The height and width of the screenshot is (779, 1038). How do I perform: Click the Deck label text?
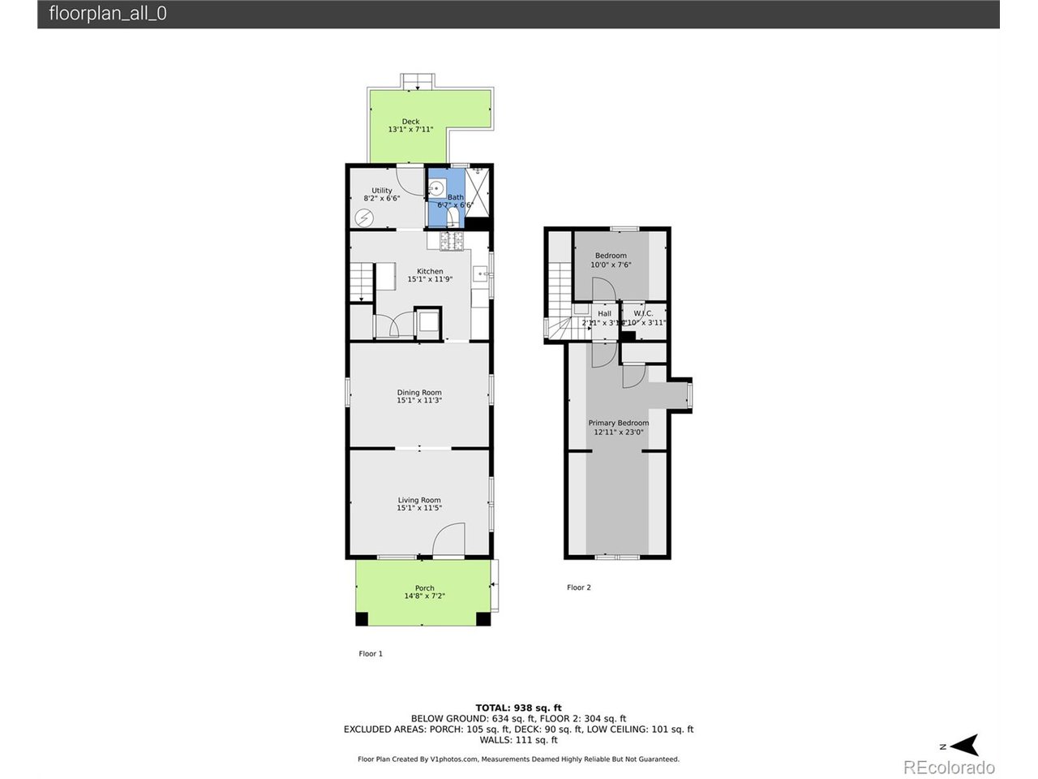coord(410,122)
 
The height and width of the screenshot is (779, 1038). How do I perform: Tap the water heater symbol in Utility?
coord(364,217)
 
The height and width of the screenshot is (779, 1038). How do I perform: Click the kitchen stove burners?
coord(450,241)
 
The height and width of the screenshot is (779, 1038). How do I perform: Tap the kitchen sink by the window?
coord(479,273)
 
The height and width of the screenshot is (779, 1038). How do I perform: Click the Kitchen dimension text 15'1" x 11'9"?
coord(430,279)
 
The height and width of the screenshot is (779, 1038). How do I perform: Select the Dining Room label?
coord(419,393)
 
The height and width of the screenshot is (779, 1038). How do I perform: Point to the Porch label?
coord(424,588)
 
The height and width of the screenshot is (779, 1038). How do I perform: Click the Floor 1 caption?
coord(371,653)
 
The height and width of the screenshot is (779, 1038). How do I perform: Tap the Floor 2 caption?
coord(579,587)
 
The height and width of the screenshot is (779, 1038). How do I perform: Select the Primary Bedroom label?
coord(618,423)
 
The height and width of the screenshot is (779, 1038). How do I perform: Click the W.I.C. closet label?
coord(643,313)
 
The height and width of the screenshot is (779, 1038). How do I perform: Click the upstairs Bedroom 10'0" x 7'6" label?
coord(611,260)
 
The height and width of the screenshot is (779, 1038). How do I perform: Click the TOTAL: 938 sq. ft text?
coord(518,708)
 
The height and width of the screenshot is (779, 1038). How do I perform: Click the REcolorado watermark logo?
coord(949,767)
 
